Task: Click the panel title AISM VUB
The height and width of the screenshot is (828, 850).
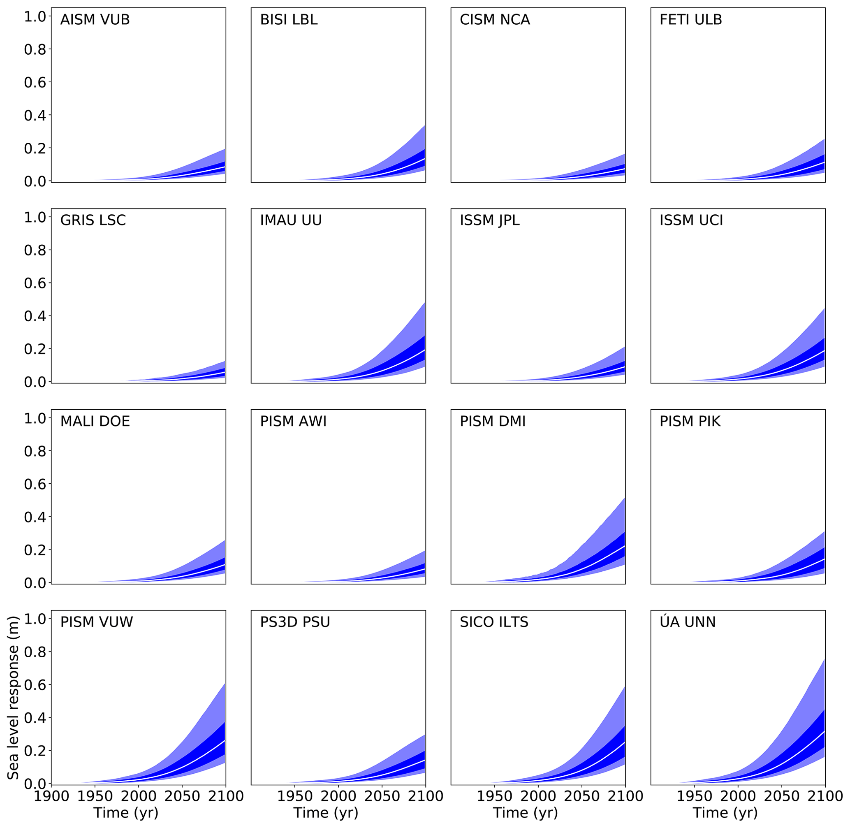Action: (95, 20)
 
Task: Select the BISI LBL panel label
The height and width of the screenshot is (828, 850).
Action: (289, 20)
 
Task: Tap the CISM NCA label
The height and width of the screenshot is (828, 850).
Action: (495, 20)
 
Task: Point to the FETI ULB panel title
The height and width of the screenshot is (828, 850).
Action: (690, 20)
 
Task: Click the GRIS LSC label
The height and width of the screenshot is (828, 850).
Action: (93, 220)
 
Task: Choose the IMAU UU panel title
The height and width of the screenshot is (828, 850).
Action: (291, 220)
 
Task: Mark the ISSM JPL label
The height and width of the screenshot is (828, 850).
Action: (490, 220)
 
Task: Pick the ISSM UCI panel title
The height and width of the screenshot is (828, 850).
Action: (691, 220)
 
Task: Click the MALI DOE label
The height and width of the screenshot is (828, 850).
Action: (95, 421)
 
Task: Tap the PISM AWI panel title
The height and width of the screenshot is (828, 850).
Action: (293, 421)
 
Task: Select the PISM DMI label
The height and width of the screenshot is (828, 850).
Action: (493, 421)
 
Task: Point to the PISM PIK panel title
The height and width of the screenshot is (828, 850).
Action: (690, 421)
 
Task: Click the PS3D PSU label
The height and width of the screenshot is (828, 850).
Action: (295, 622)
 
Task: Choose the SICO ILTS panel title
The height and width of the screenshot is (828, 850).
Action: (494, 622)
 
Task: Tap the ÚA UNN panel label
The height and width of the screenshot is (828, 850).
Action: (688, 622)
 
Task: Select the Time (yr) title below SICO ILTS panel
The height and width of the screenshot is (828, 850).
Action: (525, 812)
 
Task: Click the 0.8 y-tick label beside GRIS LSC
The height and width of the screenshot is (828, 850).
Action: (35, 250)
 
